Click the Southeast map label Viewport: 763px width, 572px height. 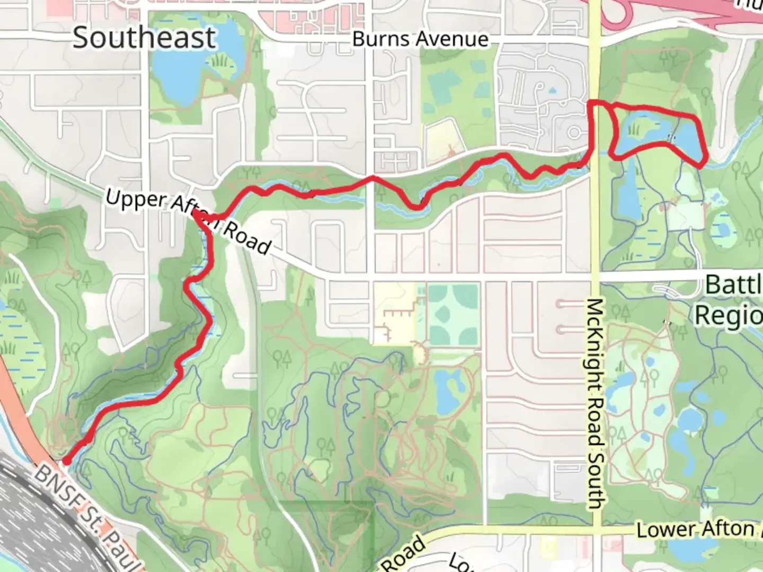[x=144, y=38]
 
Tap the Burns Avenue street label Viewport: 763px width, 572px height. [x=420, y=39]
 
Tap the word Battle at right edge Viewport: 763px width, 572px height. [x=733, y=285]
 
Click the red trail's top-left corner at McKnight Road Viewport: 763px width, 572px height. [x=592, y=103]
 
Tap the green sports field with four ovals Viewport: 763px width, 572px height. [x=453, y=315]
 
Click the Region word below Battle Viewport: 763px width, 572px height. [x=729, y=316]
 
